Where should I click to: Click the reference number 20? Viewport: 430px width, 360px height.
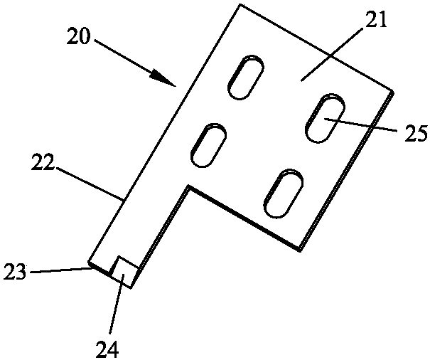tap(78, 36)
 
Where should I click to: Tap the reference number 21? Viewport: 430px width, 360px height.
tap(376, 20)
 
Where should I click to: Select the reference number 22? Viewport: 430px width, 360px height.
tap(42, 162)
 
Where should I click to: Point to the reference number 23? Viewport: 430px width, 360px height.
tap(15, 272)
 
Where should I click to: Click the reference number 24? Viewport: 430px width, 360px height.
tap(107, 349)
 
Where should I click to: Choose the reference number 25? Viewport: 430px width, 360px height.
tap(416, 134)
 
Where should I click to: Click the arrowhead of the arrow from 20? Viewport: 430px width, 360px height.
tap(163, 78)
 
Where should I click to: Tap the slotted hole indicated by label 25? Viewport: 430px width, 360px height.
tap(326, 118)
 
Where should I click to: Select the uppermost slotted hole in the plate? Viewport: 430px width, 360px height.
tap(246, 77)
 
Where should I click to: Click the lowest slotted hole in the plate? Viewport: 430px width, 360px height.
tap(284, 194)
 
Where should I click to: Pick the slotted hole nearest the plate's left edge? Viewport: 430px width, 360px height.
tap(208, 145)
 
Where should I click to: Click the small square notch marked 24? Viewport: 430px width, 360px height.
tap(124, 272)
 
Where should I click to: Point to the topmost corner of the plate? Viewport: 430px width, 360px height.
tap(240, 4)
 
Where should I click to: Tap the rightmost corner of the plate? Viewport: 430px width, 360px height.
tap(393, 91)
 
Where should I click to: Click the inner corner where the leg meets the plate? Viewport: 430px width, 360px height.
tap(188, 186)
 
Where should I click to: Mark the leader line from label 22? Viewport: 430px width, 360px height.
tap(89, 184)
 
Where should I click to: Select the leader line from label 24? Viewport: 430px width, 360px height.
tap(117, 304)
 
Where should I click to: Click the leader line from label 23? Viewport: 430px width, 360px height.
tap(60, 270)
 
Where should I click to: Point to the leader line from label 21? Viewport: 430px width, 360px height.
tap(330, 55)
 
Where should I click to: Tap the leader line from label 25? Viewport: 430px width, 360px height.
tap(361, 125)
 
